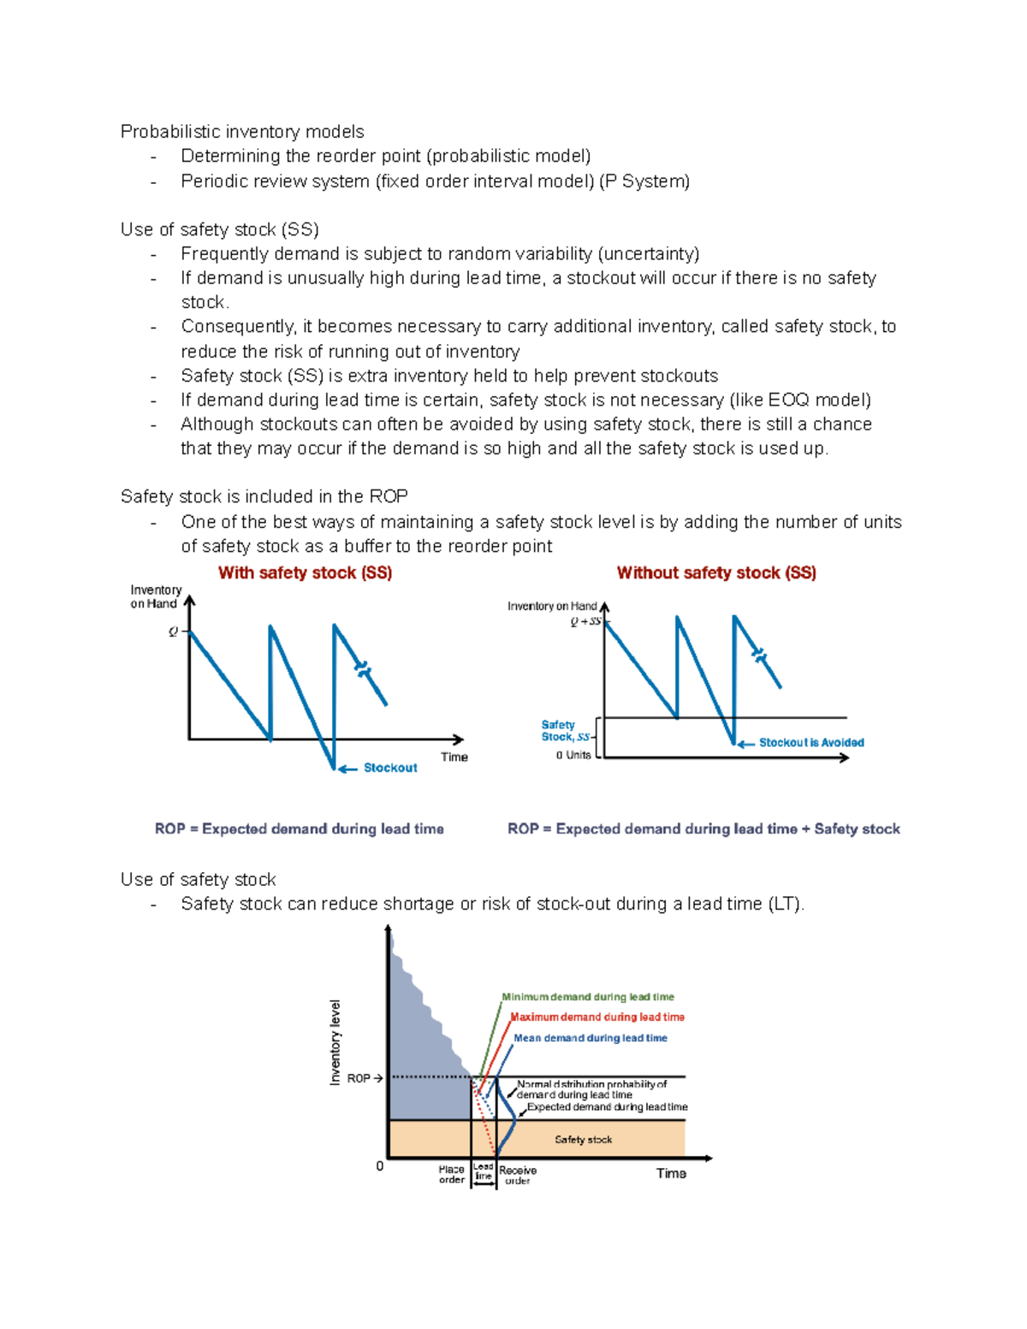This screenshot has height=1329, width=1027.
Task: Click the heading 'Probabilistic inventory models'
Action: pyautogui.click(x=242, y=132)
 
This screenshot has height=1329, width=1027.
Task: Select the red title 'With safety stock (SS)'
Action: pyautogui.click(x=305, y=573)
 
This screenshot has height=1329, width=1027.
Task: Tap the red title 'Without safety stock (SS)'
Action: pyautogui.click(x=716, y=573)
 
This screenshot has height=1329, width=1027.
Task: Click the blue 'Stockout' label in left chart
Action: pyautogui.click(x=390, y=768)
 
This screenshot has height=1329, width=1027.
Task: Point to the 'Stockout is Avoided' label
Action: pyautogui.click(x=811, y=743)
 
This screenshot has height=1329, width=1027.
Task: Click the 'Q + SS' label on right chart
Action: pyautogui.click(x=585, y=622)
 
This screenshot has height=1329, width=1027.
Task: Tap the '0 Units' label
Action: pyautogui.click(x=573, y=756)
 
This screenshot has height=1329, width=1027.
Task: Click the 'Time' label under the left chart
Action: pyautogui.click(x=454, y=757)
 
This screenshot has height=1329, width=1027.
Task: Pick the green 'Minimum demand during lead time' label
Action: pyautogui.click(x=588, y=997)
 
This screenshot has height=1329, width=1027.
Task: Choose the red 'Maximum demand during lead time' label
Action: pyautogui.click(x=597, y=1018)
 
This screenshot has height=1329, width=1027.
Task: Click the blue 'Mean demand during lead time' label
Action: pyautogui.click(x=591, y=1038)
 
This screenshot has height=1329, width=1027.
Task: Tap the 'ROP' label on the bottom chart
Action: pyautogui.click(x=359, y=1078)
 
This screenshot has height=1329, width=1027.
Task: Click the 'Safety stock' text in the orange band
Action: pyautogui.click(x=583, y=1140)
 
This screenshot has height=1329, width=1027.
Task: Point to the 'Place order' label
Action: pyautogui.click(x=452, y=1174)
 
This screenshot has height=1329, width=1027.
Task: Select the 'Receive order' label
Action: pyautogui.click(x=518, y=1175)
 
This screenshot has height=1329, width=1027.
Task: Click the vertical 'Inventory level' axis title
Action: pyautogui.click(x=335, y=1042)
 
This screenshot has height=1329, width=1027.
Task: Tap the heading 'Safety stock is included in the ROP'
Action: pyautogui.click(x=264, y=497)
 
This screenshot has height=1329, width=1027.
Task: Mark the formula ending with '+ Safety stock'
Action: pyautogui.click(x=703, y=829)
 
